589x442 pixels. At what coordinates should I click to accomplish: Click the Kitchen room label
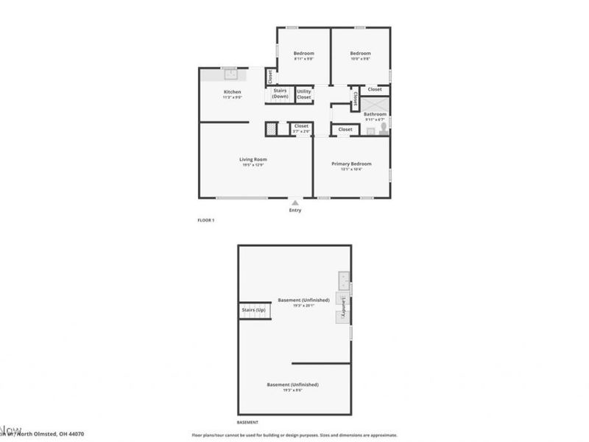[x=232, y=92]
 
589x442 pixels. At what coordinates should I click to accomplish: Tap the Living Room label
[x=253, y=159]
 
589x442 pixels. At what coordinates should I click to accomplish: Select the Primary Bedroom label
[x=351, y=164]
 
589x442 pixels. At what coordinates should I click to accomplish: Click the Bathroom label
[x=375, y=114]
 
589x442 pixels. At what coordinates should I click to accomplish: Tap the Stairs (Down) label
[x=280, y=94]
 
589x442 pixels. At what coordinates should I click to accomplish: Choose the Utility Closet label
[x=304, y=94]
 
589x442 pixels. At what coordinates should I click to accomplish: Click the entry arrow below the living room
[x=294, y=203]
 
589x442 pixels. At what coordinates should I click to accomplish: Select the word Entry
[x=294, y=211]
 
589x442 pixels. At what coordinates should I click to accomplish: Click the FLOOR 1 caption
[x=205, y=220]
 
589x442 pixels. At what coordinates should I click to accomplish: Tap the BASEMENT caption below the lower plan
[x=247, y=422]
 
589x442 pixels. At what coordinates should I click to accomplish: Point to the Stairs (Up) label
[x=253, y=310]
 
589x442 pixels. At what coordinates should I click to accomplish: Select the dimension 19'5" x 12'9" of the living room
[x=253, y=165]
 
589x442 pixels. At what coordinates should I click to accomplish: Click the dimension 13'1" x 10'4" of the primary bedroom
[x=351, y=169]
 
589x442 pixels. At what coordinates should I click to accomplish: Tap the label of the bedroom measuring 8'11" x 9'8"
[x=304, y=53]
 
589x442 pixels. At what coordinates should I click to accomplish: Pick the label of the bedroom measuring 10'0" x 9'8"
[x=360, y=53]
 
